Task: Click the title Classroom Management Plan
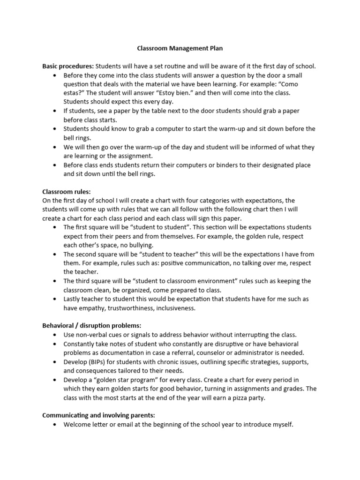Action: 180,48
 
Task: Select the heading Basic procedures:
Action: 68,66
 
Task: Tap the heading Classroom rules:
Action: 67,191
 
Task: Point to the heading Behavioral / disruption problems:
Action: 91,325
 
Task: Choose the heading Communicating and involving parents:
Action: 98,415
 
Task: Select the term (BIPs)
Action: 99,362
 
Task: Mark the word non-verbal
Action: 91,335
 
